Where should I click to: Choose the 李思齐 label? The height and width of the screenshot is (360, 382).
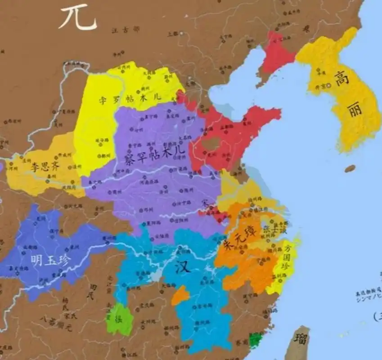45,166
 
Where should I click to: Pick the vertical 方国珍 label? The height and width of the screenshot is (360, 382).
287,257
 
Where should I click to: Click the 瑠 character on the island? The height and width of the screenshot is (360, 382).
301,338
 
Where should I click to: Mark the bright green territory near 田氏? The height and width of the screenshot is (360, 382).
120,319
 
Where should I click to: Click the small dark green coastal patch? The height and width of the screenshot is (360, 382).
256,340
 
